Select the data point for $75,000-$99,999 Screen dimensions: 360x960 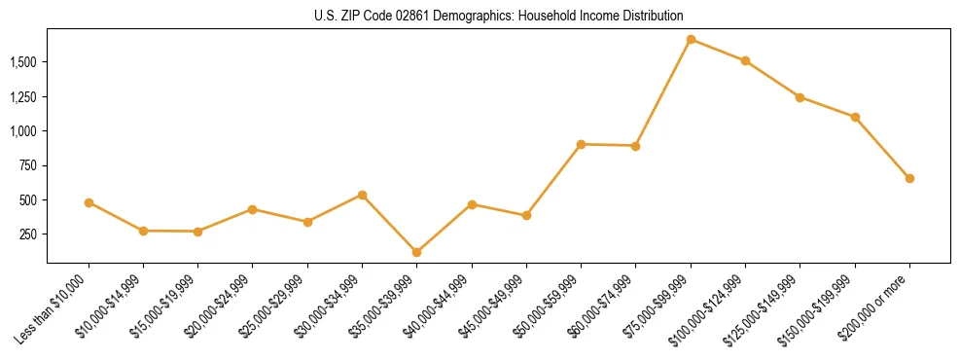pyautogui.click(x=691, y=40)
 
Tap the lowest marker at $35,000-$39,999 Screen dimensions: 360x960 pyautogui.click(x=416, y=252)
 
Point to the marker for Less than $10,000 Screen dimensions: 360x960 pyautogui.click(x=89, y=202)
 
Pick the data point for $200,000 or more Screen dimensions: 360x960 pyautogui.click(x=909, y=178)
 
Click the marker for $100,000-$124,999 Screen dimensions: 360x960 pyautogui.click(x=745, y=60)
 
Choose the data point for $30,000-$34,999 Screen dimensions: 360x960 pyautogui.click(x=362, y=195)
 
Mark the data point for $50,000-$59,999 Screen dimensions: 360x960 pyautogui.click(x=581, y=144)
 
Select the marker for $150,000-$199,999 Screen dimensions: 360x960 pyautogui.click(x=855, y=117)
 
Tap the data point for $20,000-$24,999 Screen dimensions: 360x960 pyautogui.click(x=253, y=209)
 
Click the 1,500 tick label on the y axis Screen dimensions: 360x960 pyautogui.click(x=22, y=62)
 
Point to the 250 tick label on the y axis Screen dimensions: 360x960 pyautogui.click(x=29, y=234)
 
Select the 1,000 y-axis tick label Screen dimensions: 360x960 pyautogui.click(x=22, y=131)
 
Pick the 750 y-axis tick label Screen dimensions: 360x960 pyautogui.click(x=29, y=165)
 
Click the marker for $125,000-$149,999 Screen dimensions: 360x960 pyautogui.click(x=800, y=97)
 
